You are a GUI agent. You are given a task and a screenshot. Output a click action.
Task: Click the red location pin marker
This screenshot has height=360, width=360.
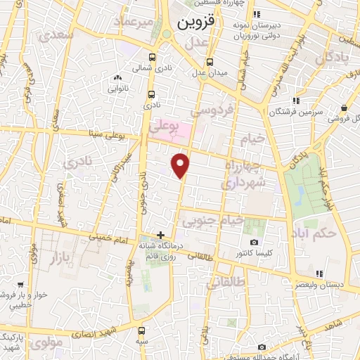pos(181,165)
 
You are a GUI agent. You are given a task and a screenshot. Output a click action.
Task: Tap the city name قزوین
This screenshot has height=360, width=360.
pos(193,22)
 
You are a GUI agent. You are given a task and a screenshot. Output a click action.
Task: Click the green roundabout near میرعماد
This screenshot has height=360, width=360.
pos(167,34)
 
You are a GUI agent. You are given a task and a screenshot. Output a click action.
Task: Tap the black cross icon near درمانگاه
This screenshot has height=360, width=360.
pos(161,235)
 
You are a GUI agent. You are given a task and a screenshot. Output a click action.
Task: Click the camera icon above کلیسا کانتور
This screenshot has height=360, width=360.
pos(255,242)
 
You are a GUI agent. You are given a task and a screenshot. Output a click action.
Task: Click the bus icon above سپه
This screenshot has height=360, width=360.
pos(142,330)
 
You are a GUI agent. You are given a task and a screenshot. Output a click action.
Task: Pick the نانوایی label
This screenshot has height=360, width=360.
pos(117,89)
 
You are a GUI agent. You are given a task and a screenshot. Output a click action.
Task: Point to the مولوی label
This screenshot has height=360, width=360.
pos(49,341)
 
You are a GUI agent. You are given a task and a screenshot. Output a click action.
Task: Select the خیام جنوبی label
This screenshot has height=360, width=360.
pos(213,221)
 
